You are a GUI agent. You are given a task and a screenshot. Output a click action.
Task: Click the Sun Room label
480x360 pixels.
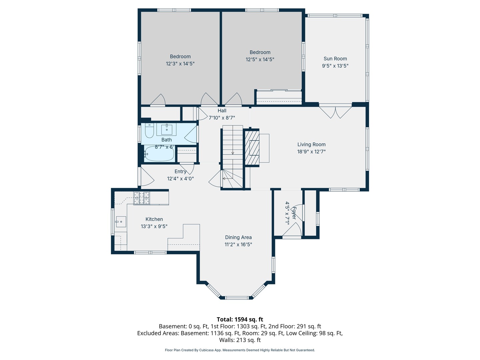tap(335, 59)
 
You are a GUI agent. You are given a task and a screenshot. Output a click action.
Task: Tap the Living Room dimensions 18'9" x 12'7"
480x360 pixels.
tap(311, 152)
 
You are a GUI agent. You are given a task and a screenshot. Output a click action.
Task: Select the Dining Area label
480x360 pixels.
tap(238, 237)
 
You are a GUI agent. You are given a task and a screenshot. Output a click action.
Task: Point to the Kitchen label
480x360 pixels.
tap(154, 219)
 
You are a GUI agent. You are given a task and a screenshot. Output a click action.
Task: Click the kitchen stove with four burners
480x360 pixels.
tap(142, 198)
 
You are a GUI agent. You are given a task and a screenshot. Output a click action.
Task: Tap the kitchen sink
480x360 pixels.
tap(121, 221)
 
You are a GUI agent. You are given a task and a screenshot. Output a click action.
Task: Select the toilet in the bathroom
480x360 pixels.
tap(149, 131)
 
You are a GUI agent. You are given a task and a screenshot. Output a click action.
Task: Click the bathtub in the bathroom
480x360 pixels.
tap(159, 154)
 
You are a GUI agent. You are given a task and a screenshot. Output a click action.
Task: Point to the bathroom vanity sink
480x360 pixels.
tap(167, 129)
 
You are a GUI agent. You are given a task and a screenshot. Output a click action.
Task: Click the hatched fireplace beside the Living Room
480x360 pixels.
tap(252, 148)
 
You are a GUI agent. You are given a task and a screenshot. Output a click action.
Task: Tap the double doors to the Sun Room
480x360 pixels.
tap(335, 112)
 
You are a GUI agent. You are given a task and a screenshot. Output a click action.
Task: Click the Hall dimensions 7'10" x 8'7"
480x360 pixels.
tap(222, 118)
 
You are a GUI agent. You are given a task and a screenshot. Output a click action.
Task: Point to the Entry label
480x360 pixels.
tap(180, 172)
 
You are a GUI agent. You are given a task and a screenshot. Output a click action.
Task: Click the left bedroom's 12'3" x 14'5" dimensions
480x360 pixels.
tap(180, 64)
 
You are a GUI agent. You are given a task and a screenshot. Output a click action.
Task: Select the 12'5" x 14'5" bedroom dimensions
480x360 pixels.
tap(260, 59)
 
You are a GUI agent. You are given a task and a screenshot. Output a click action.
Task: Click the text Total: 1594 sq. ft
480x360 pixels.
tap(240, 319)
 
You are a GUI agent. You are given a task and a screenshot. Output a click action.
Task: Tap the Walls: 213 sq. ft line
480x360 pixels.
tap(240, 340)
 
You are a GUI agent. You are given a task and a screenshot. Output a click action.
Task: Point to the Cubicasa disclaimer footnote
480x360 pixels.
tap(240, 350)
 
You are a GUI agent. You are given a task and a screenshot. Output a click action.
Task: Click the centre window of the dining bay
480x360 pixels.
tap(237, 297)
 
